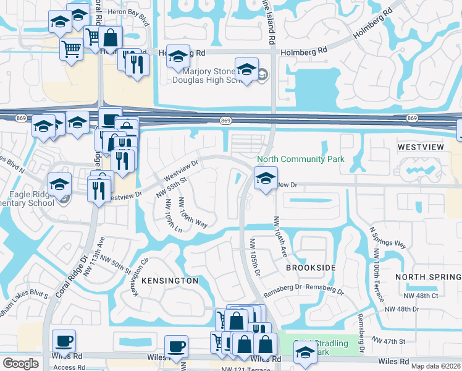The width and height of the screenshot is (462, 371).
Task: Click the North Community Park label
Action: click(x=300, y=159)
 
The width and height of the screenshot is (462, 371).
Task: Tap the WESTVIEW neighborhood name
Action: click(x=421, y=148)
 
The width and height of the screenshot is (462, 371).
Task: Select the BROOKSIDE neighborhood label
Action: click(x=311, y=268)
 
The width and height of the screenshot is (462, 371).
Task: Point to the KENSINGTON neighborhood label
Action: click(x=170, y=281)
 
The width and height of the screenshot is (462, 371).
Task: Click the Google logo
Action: click(x=20, y=364)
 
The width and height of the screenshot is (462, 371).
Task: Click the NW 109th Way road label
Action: click(x=193, y=213)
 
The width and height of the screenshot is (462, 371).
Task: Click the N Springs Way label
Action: click(x=387, y=237)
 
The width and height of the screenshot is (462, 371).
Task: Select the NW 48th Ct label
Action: click(x=422, y=296)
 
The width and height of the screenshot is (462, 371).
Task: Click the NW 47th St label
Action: click(x=389, y=341)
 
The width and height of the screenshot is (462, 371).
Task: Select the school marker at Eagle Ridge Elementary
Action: click(x=60, y=184)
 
